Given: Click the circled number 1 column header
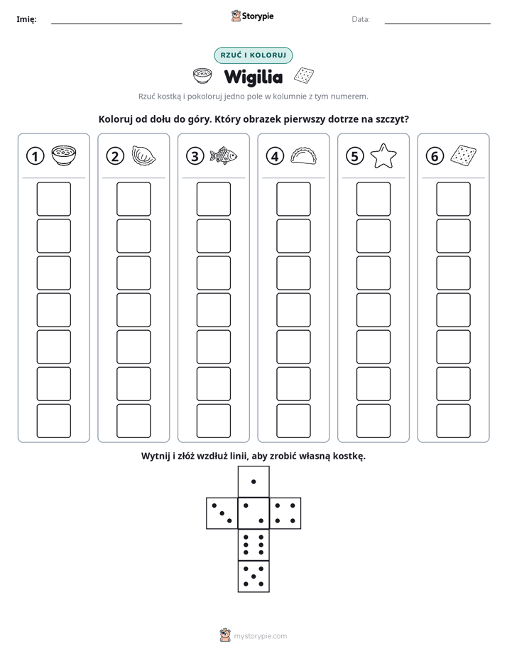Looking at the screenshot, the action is [35, 156].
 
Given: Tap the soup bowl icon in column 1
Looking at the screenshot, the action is [64, 155].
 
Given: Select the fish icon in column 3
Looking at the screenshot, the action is [223, 156].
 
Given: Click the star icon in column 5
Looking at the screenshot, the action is [383, 156].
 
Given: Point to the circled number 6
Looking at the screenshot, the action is [435, 156].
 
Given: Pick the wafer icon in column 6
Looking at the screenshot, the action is [464, 155].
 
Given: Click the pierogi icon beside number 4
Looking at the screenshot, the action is [303, 155].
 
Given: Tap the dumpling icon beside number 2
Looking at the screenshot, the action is [143, 155].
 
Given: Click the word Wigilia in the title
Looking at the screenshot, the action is [253, 77].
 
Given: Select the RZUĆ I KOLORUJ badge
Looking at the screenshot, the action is [253, 55].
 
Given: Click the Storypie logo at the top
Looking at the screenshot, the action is [252, 16].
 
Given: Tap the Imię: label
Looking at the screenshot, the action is [26, 19].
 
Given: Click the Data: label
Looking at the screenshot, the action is [361, 19].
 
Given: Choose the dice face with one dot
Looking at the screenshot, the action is [253, 482].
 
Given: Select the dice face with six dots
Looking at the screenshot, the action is [253, 545].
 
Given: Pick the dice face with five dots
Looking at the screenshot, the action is [253, 576].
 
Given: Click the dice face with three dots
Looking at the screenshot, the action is [222, 513].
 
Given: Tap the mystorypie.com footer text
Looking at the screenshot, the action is [260, 636].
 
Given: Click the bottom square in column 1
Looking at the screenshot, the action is [53, 421].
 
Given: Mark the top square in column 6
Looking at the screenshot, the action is [454, 199].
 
